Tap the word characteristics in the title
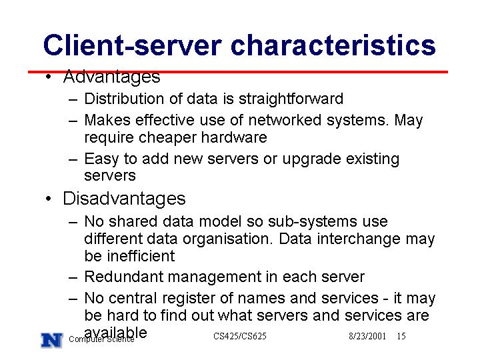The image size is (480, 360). (333, 45)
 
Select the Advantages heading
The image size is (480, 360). (111, 77)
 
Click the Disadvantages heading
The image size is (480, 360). (124, 199)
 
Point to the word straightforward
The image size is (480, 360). (291, 99)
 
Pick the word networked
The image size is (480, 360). (285, 120)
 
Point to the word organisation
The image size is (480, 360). (227, 239)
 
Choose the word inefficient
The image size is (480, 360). (141, 256)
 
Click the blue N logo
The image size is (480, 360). (52, 340)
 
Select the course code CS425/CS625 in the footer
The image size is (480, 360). (240, 336)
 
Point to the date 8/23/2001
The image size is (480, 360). (367, 336)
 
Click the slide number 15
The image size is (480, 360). (401, 336)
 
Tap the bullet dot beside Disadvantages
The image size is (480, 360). (49, 199)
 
